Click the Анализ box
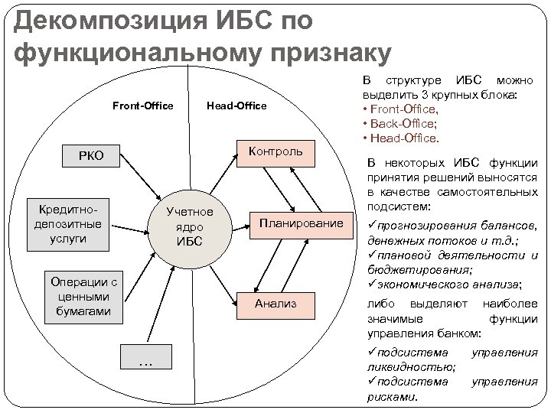click(275, 304)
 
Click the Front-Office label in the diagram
click(142, 106)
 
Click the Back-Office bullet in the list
click(406, 123)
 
